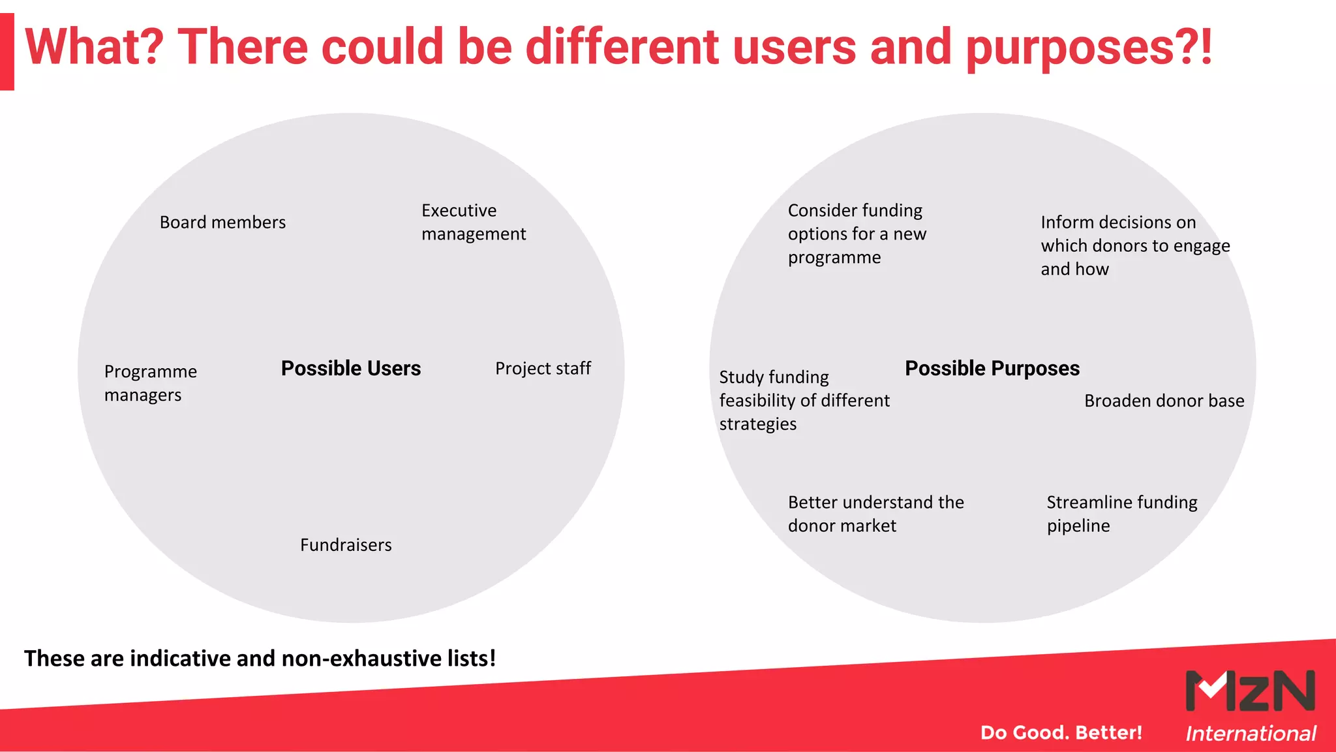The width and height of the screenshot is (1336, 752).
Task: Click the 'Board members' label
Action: point(222,223)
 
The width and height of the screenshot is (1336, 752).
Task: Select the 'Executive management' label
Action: point(473,222)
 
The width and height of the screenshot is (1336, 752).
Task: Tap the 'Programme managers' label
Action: point(150,383)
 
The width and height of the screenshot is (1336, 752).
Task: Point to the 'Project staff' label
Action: point(543,369)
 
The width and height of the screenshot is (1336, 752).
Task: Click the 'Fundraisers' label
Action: point(346,545)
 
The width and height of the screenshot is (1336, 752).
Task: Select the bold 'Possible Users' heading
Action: point(351,369)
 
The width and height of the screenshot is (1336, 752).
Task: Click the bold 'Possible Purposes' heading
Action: point(992,369)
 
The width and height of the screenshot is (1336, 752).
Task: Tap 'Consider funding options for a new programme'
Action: point(857,234)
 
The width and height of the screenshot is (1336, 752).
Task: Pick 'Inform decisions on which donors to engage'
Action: point(1135,245)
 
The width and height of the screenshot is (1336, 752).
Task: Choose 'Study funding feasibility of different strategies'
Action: point(804,400)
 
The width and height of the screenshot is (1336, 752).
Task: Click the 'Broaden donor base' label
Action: point(1164,401)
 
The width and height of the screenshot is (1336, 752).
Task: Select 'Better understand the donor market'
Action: point(875,514)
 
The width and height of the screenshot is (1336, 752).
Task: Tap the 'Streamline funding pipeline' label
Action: point(1121,514)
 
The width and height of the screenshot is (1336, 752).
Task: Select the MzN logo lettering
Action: point(1250,691)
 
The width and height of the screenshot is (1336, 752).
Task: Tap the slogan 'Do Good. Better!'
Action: point(1061,732)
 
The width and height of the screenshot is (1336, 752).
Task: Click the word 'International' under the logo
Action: point(1251,734)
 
